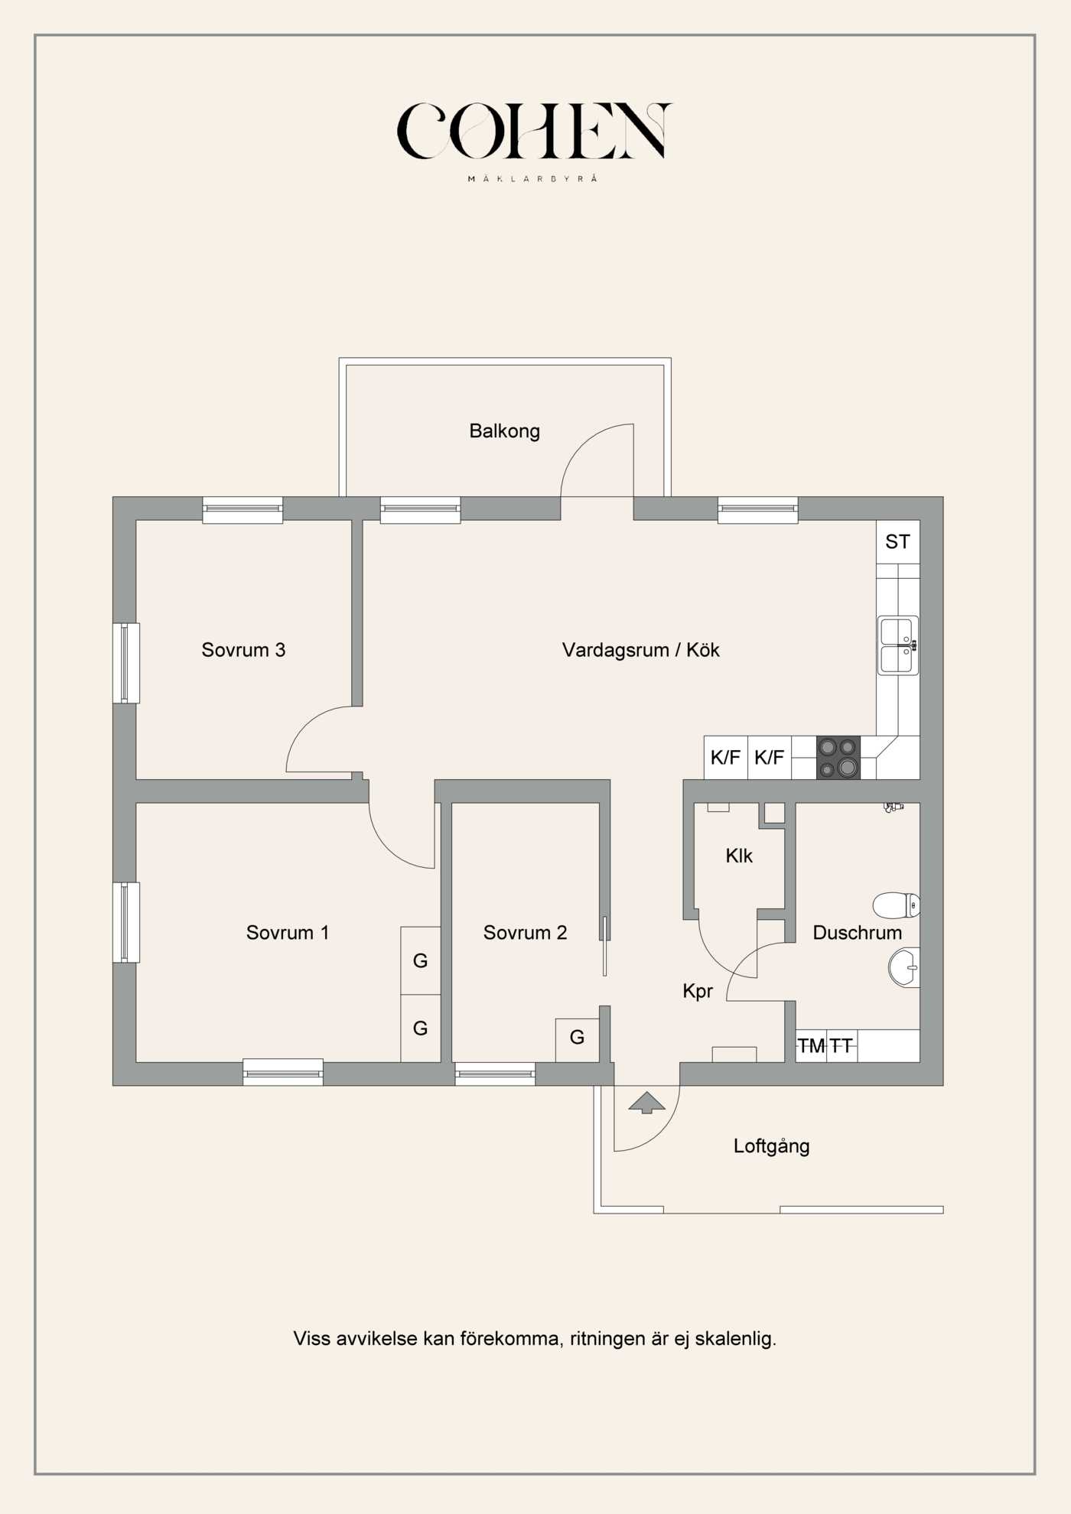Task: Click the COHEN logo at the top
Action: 534,132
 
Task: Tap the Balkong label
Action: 504,431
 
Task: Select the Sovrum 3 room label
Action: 243,650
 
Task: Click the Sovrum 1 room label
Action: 288,933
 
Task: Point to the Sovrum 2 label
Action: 525,933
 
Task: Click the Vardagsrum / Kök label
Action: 640,650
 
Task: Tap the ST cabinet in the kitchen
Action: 897,542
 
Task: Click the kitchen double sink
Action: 898,645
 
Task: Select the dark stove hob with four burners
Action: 838,758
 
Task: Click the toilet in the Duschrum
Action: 896,905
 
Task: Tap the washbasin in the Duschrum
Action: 904,967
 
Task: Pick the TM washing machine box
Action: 811,1046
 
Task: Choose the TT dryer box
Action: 841,1046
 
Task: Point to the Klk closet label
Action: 739,856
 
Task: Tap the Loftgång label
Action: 771,1146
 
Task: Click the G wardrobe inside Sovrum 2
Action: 577,1038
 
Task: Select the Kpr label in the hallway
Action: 698,992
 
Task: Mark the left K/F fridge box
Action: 725,758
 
